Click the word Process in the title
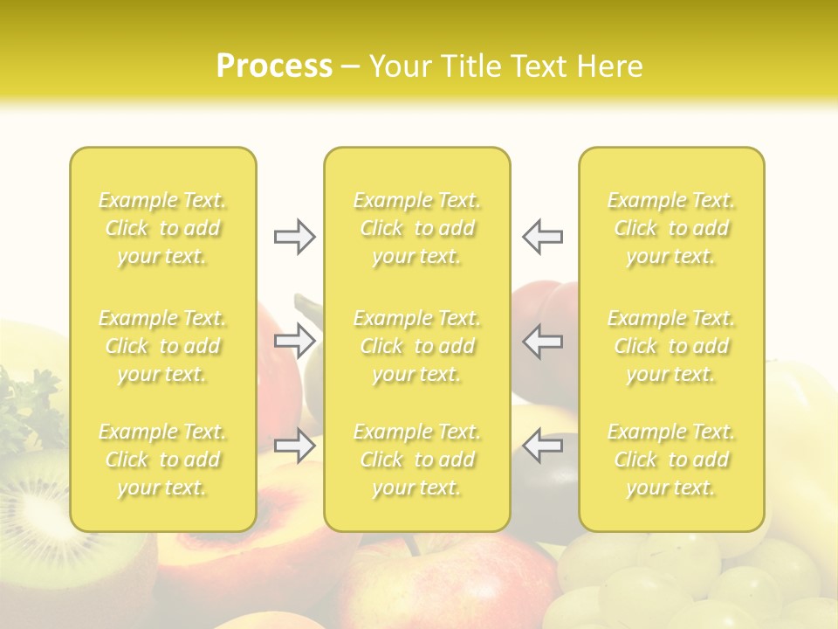[x=274, y=66]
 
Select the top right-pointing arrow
[x=294, y=237]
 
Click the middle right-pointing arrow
[x=294, y=341]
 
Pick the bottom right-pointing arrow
[x=294, y=446]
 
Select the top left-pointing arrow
[x=542, y=237]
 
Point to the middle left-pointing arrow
[x=542, y=341]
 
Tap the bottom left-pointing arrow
[x=542, y=446]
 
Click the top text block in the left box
[x=162, y=229]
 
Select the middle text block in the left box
[x=162, y=346]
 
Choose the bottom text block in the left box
[x=162, y=460]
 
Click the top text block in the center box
[x=417, y=229]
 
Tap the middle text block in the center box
[x=417, y=346]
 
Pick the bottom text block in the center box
[x=417, y=460]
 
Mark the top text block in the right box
[x=671, y=229]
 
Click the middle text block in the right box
[x=671, y=346]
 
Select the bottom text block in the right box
[x=671, y=460]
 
